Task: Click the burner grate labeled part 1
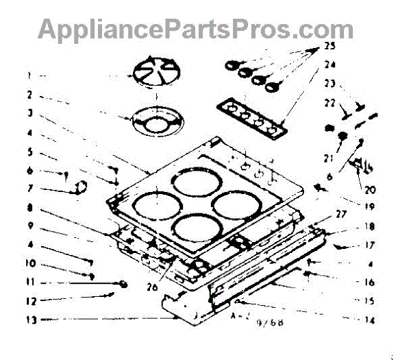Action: tap(154, 73)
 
